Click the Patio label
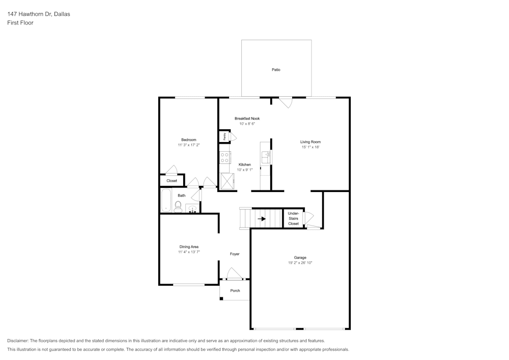tap(275, 70)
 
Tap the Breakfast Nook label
tap(247, 118)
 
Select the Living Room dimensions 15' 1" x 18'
tap(310, 147)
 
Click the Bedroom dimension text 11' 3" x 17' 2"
tap(188, 145)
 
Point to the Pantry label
tap(224, 136)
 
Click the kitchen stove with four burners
tap(225, 157)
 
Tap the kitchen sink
tap(266, 158)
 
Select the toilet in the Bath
tap(178, 206)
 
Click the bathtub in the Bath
tap(166, 200)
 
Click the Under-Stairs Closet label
tap(293, 218)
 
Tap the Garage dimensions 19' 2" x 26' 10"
tap(299, 263)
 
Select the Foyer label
tap(235, 254)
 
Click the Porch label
tap(235, 291)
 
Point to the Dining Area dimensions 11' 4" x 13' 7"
tap(188, 252)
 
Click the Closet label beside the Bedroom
tap(172, 181)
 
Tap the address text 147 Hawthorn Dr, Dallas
tap(39, 14)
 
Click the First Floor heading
tap(20, 23)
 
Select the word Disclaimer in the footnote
tap(18, 341)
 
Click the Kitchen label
tap(245, 164)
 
